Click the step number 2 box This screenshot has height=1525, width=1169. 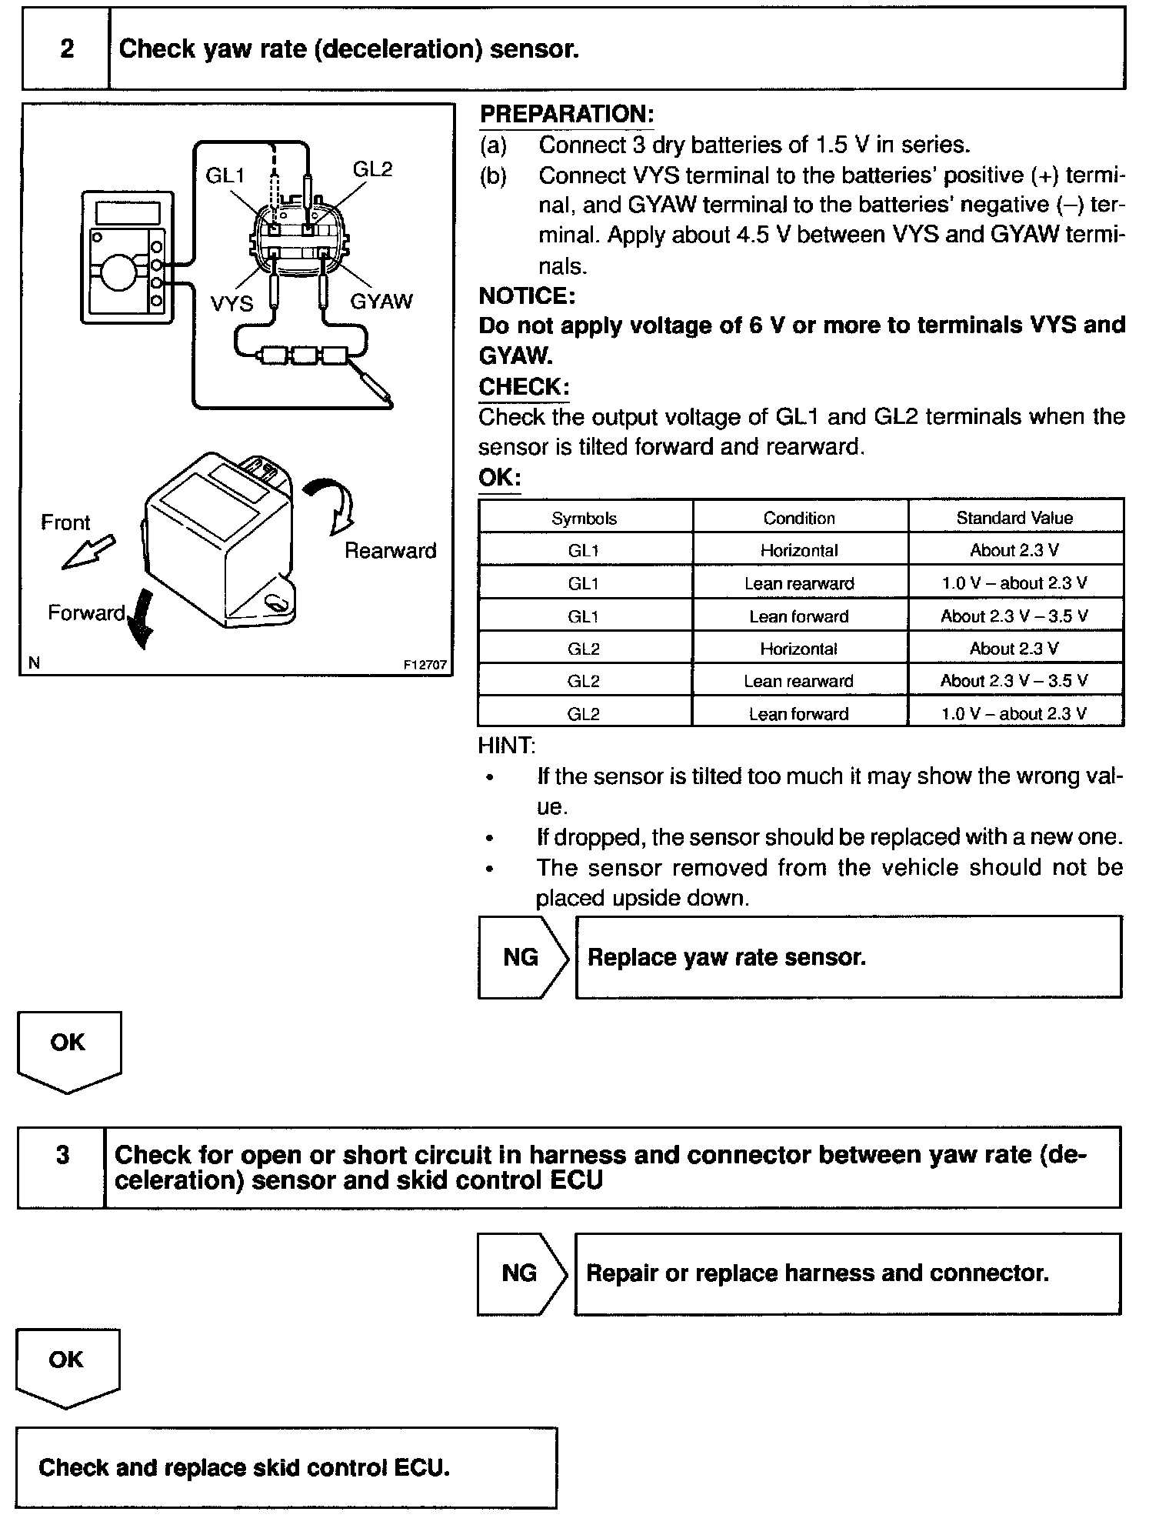point(66,49)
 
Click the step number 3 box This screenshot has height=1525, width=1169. point(62,1156)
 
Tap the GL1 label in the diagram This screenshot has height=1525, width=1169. point(225,176)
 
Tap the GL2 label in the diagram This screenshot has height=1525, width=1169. point(373,169)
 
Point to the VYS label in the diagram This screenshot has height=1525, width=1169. point(231,304)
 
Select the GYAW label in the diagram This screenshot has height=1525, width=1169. point(381,302)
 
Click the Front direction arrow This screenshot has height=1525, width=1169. point(88,552)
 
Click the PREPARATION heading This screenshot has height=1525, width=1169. point(566,115)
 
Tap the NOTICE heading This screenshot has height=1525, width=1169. point(527,296)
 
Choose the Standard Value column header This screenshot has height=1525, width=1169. point(1014,518)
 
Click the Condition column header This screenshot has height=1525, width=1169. point(799,519)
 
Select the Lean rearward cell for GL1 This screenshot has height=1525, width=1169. point(799,583)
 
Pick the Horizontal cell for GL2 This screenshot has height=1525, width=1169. point(799,649)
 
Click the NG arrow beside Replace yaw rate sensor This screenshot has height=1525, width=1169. point(522,957)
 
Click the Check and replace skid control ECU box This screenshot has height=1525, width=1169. point(286,1468)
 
